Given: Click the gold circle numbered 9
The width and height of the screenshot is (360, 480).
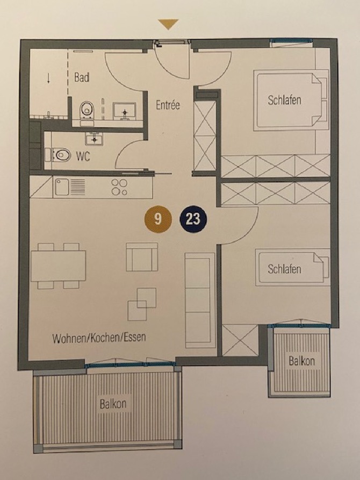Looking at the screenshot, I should [158, 219].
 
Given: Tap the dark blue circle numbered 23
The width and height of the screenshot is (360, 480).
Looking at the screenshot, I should [193, 219].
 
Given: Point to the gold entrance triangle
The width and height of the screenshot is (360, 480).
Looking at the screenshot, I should [168, 24].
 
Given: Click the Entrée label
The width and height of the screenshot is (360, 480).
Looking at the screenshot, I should [168, 105].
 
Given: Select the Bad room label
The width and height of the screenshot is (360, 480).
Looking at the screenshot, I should [82, 78].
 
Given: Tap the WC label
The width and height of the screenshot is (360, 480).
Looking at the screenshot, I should [83, 156].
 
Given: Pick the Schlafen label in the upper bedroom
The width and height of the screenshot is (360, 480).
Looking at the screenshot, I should [284, 99].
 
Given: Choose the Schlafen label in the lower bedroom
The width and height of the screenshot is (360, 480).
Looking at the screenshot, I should [284, 269].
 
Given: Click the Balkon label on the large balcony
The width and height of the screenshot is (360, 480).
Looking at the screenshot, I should [113, 404].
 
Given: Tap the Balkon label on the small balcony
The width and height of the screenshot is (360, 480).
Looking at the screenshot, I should [301, 361].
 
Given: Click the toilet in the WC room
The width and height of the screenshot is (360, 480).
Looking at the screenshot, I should [60, 155].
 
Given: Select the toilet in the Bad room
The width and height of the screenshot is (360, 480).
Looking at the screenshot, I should [86, 111].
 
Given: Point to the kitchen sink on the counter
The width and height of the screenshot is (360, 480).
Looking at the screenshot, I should [63, 187].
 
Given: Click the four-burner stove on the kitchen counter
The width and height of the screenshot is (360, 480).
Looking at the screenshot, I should [119, 187].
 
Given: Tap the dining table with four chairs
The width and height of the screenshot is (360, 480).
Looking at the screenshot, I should [58, 266].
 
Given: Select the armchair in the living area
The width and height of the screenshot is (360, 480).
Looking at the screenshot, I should [142, 257].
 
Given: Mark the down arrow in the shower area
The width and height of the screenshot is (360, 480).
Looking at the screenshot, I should [49, 78].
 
